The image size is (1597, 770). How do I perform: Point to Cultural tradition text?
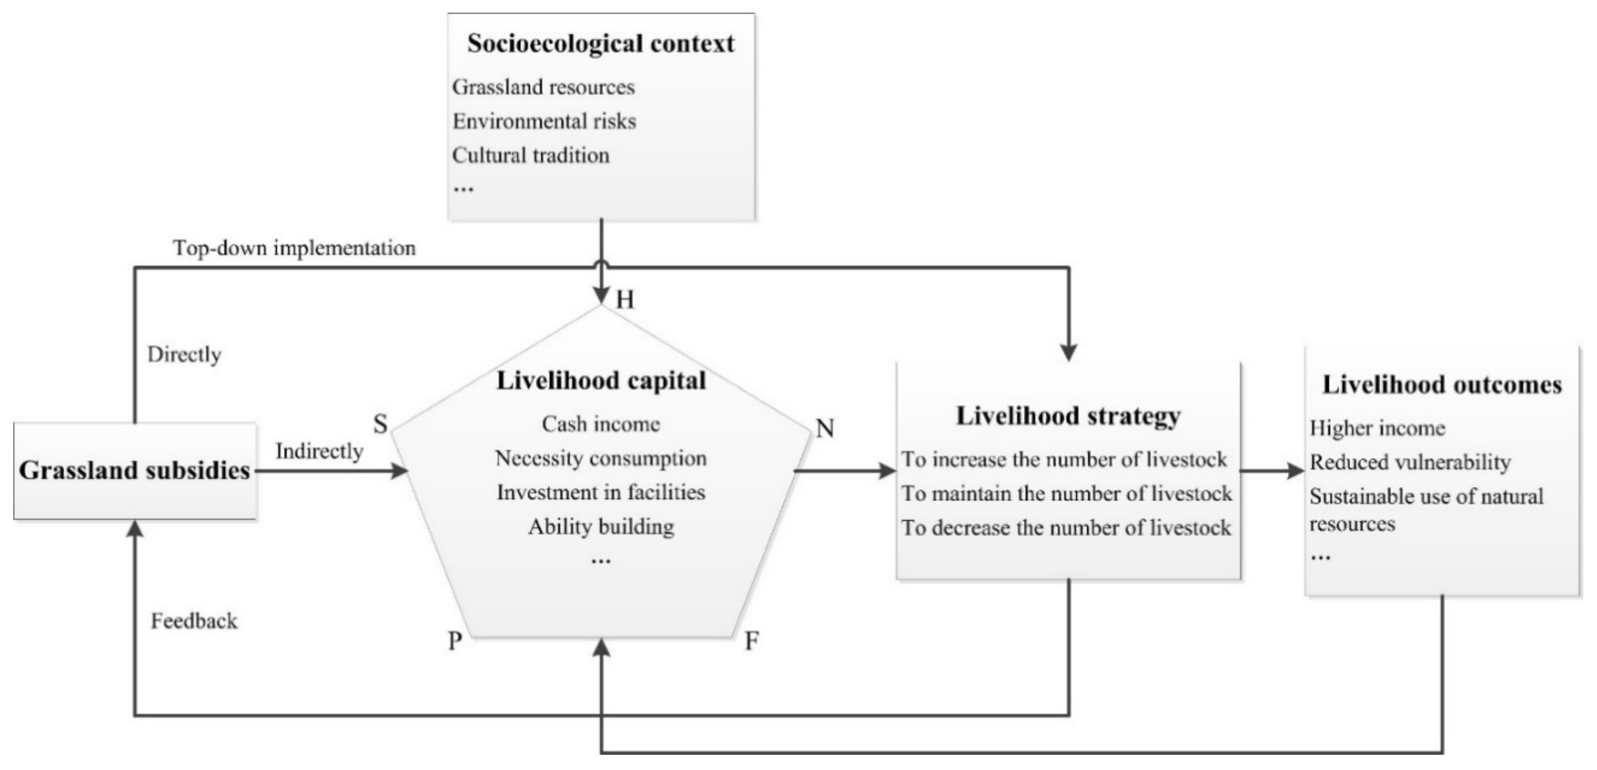coord(531,155)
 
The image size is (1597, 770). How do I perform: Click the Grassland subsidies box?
coord(135,471)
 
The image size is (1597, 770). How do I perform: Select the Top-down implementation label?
coord(294,248)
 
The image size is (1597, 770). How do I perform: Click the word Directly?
coord(184,355)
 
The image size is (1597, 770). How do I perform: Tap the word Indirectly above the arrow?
coord(319,451)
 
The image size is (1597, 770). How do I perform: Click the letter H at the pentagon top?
coord(625,300)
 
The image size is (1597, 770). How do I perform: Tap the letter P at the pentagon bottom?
coord(454,641)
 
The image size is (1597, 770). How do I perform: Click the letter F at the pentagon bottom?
coord(752,641)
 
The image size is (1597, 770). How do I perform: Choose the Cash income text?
coord(601,424)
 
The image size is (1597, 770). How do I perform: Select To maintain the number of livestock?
coord(1066,493)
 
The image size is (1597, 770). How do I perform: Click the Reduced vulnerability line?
coord(1410,462)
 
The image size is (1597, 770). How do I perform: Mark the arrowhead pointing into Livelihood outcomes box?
coord(1297,471)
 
